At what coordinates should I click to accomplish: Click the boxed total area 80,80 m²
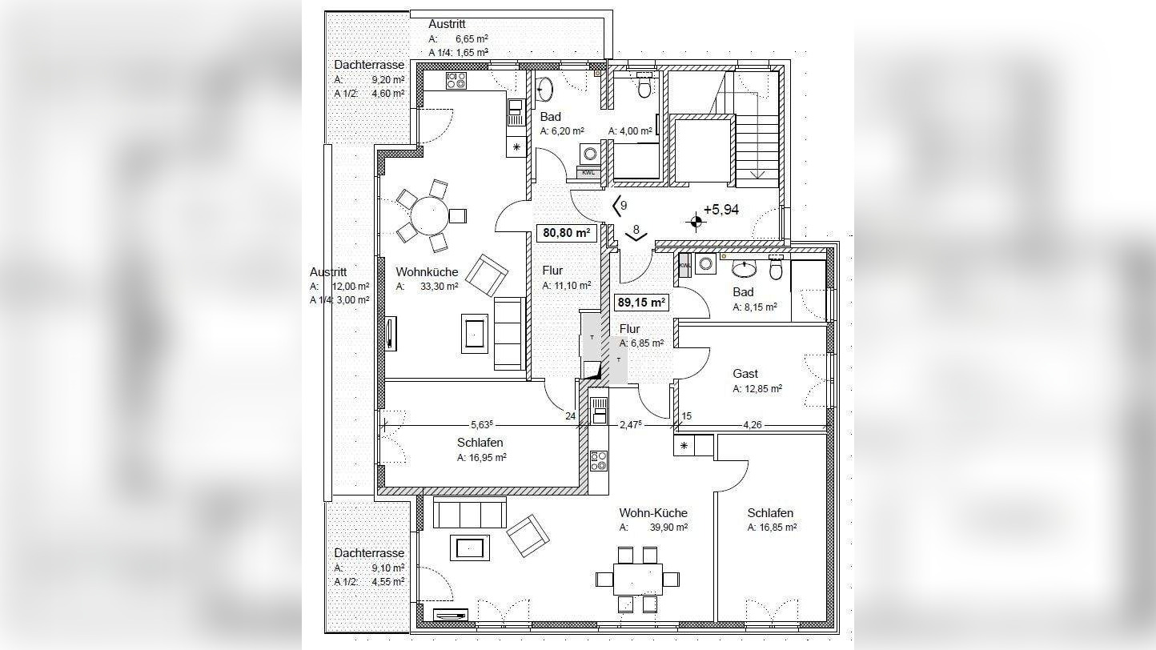(566, 233)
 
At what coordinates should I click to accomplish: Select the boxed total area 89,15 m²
(641, 303)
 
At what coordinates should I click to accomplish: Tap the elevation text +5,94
(721, 210)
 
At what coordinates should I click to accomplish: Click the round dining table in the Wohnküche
(429, 215)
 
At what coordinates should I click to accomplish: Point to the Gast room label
(745, 373)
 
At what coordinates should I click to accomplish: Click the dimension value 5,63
(482, 424)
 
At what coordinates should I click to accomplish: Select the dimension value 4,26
(752, 424)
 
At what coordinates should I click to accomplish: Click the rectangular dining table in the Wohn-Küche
(638, 580)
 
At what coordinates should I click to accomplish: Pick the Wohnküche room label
(427, 272)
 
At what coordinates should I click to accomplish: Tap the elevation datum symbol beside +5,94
(696, 223)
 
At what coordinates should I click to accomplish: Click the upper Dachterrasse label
(369, 65)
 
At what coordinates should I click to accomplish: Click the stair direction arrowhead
(757, 175)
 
